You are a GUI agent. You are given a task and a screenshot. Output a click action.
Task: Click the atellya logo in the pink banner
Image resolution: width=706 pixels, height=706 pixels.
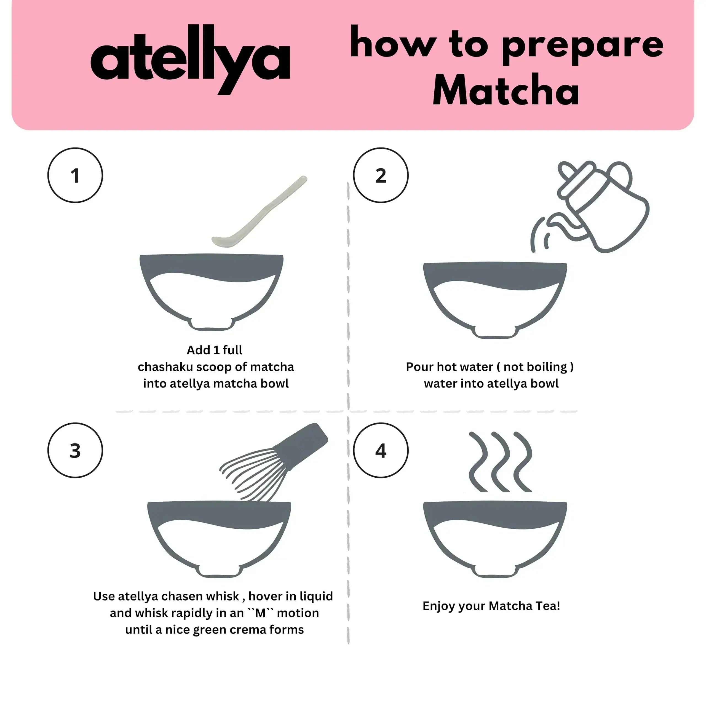coord(190,60)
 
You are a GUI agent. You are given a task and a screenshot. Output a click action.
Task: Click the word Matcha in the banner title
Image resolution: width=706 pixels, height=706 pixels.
coord(506,90)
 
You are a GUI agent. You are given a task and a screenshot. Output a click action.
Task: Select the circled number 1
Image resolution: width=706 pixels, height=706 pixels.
coord(75,175)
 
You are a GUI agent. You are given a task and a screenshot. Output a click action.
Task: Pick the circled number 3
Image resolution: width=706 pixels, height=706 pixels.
coord(75,451)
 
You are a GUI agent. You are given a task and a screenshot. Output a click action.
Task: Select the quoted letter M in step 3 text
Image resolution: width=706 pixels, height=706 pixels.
coord(260,613)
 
